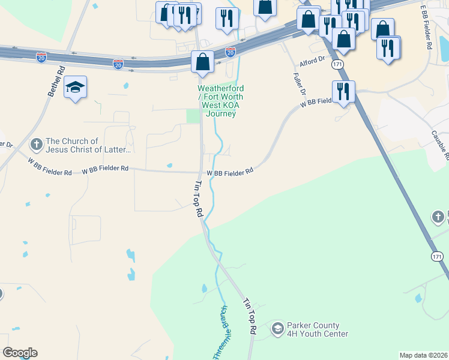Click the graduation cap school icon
pyautogui.click(x=76, y=88)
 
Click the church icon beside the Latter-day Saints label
pyautogui.click(x=36, y=144)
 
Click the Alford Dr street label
pyautogui.click(x=312, y=60)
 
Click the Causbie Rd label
pyautogui.click(x=440, y=145)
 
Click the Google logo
pyautogui.click(x=20, y=353)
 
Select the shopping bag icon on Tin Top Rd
pyautogui.click(x=202, y=62)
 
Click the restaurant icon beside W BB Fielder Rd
pyautogui.click(x=343, y=92)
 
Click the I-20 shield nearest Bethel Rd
pyautogui.click(x=41, y=58)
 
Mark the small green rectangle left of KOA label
pyautogui.click(x=193, y=116)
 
